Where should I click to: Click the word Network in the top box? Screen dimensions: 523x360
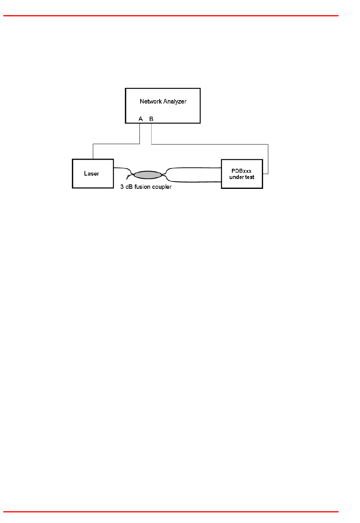151,101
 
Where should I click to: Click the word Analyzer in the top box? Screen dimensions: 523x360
175,102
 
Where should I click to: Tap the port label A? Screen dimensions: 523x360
141,119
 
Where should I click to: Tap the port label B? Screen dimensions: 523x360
151,119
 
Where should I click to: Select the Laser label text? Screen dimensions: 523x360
91,174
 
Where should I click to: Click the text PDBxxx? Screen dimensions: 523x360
241,171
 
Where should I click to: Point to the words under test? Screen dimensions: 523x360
242,177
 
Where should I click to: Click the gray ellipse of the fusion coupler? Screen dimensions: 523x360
148,175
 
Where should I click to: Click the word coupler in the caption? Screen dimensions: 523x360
162,187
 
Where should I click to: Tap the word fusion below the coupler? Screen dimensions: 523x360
142,187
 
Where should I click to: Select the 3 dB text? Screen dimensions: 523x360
127,187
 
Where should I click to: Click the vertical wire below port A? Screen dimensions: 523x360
140,133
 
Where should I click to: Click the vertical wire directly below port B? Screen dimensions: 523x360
151,133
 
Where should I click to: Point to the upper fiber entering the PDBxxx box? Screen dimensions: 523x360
197,168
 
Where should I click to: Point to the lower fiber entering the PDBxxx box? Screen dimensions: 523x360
197,182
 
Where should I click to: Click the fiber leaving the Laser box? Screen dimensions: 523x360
121,168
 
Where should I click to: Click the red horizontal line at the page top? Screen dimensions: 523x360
171,16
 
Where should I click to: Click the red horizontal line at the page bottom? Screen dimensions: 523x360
171,512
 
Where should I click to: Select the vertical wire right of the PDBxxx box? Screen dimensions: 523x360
268,159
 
